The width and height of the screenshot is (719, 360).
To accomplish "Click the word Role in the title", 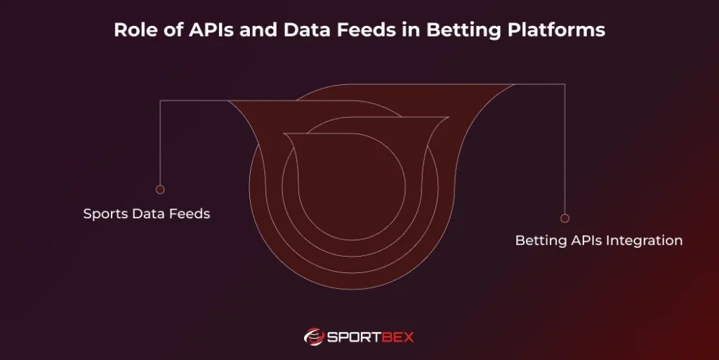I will (133, 31).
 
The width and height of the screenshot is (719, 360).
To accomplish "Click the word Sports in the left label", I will (105, 214).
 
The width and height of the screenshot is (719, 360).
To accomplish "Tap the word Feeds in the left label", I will (189, 214).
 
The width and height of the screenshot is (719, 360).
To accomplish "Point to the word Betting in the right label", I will (539, 241).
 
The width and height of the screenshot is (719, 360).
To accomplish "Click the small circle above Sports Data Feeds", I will (160, 189).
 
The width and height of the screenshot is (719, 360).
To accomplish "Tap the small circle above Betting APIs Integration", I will (565, 218).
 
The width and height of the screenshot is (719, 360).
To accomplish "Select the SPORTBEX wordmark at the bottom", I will (371, 338).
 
